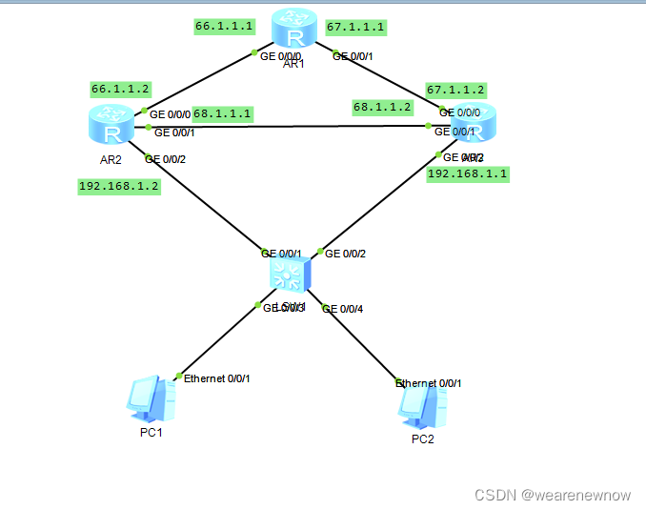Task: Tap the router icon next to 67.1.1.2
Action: pos(474,126)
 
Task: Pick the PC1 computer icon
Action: pos(151,399)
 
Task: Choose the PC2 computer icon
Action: pos(422,406)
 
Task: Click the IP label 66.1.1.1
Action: pos(224,28)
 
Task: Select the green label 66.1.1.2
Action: pos(121,89)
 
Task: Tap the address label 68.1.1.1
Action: pos(223,113)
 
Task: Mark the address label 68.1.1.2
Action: pos(382,107)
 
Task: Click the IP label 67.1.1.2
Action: pos(455,90)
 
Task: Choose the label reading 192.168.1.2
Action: pos(119,187)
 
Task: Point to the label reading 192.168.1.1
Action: pos(467,174)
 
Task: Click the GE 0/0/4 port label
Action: pos(343,309)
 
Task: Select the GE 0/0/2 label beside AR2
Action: pos(165,158)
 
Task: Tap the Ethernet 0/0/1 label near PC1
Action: pos(216,378)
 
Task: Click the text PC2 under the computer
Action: pos(422,439)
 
